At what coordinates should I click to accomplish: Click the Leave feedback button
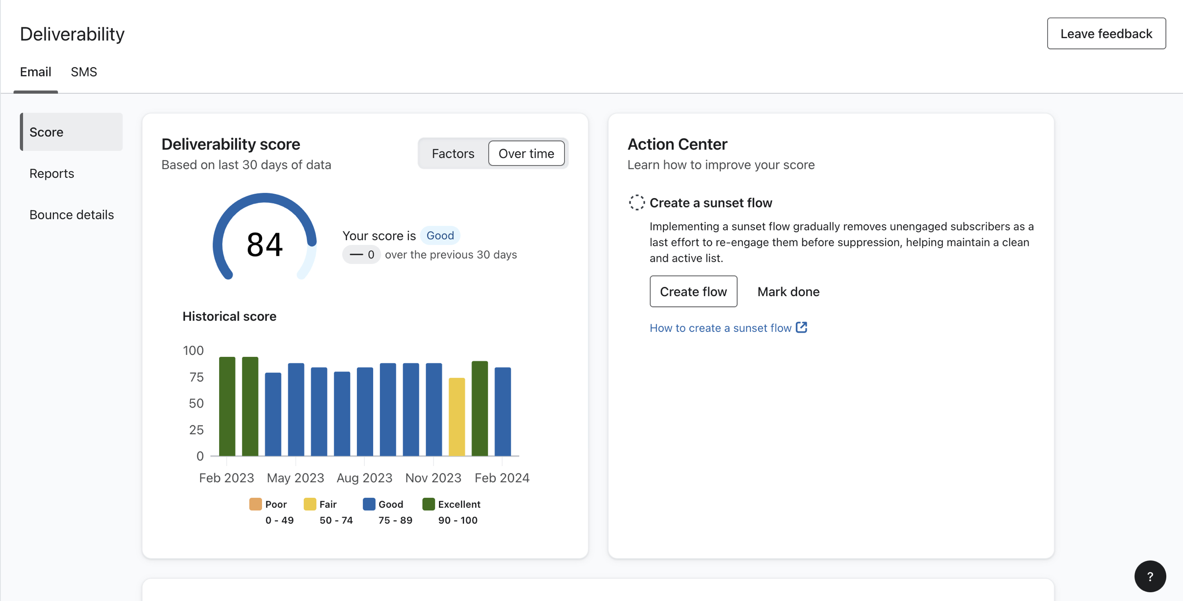click(1106, 34)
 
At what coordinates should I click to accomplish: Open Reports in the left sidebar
click(52, 173)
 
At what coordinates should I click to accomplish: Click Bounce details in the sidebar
click(71, 214)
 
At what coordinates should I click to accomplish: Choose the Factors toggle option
click(453, 154)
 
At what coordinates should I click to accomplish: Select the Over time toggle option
click(526, 154)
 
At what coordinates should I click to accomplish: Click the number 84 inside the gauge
click(265, 244)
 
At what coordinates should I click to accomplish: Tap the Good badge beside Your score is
click(439, 235)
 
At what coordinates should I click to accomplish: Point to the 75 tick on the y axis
click(196, 377)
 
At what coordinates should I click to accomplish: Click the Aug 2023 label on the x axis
click(364, 478)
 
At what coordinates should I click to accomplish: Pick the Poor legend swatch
click(255, 504)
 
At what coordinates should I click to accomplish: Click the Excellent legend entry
click(458, 504)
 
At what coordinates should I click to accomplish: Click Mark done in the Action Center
click(788, 292)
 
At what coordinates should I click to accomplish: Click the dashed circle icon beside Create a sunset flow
click(636, 203)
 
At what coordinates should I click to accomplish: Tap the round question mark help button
click(1149, 576)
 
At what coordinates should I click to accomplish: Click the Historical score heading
click(229, 316)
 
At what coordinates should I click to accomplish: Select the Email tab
click(35, 72)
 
